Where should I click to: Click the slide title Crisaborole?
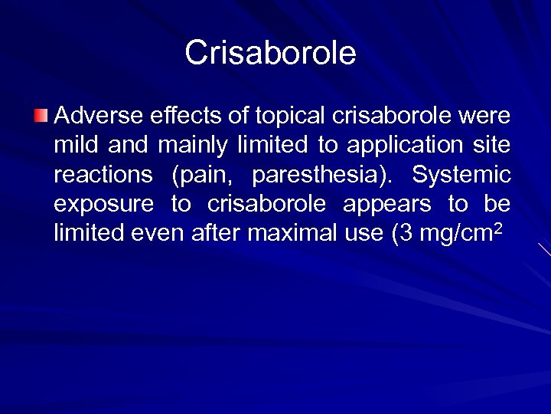point(270,53)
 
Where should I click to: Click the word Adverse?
point(90,117)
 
